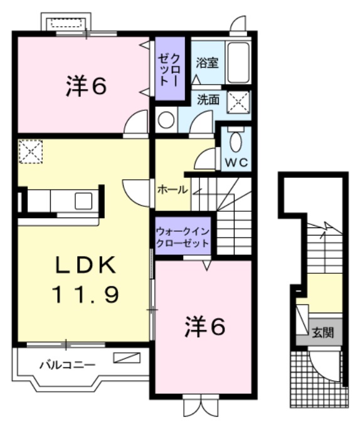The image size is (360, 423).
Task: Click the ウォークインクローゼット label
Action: pos(183,236)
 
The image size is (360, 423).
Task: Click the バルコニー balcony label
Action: pos(67,364)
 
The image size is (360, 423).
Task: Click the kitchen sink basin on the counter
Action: pos(84,201)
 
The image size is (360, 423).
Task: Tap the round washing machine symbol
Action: pos(166,119)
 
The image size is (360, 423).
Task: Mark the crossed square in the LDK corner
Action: pos(29,151)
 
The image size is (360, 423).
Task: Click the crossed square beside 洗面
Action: pos(238,102)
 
